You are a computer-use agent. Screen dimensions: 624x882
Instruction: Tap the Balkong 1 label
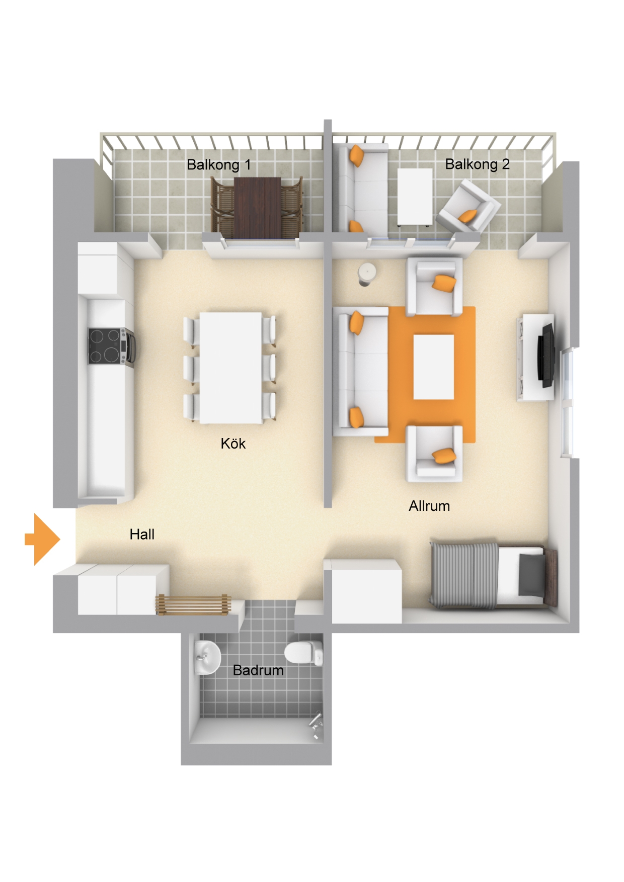(x=218, y=164)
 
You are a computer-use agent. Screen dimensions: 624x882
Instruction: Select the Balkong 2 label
(x=477, y=164)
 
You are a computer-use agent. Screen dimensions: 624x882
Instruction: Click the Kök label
(x=233, y=444)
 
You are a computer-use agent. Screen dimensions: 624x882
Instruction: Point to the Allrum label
(x=429, y=506)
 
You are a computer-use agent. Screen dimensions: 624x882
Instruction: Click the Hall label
(x=142, y=535)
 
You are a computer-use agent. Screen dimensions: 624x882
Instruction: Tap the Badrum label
(x=258, y=670)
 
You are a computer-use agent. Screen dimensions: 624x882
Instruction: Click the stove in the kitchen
(x=111, y=346)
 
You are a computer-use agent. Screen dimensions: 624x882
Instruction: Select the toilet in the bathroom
(x=303, y=653)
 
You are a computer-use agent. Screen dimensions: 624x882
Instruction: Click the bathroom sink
(x=207, y=657)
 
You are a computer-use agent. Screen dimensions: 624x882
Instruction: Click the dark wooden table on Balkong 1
(x=257, y=208)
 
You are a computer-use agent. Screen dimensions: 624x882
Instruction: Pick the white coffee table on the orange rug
(x=434, y=367)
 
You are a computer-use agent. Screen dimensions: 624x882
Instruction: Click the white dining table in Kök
(x=231, y=368)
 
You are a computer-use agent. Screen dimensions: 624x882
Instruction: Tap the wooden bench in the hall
(x=193, y=604)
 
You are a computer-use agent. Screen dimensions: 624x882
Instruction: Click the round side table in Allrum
(x=367, y=274)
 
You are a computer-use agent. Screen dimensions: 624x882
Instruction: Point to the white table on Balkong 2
(x=415, y=197)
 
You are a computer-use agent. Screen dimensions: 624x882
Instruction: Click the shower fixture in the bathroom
(x=315, y=724)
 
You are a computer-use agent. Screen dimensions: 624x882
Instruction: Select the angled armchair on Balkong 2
(x=468, y=207)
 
